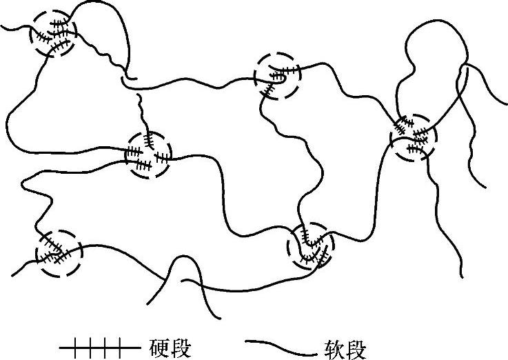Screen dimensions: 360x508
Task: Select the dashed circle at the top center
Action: coord(278,75)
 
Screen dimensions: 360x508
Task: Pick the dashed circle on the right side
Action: coord(413,138)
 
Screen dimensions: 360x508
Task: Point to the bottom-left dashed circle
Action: coord(59,252)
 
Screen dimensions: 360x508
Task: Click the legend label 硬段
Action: coord(167,346)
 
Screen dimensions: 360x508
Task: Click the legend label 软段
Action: coord(343,347)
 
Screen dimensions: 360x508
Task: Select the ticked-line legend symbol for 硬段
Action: coord(91,345)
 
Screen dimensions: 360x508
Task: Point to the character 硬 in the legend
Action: coord(158,346)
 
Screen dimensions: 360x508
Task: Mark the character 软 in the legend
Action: coord(333,347)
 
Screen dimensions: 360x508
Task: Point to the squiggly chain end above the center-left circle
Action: coord(143,110)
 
